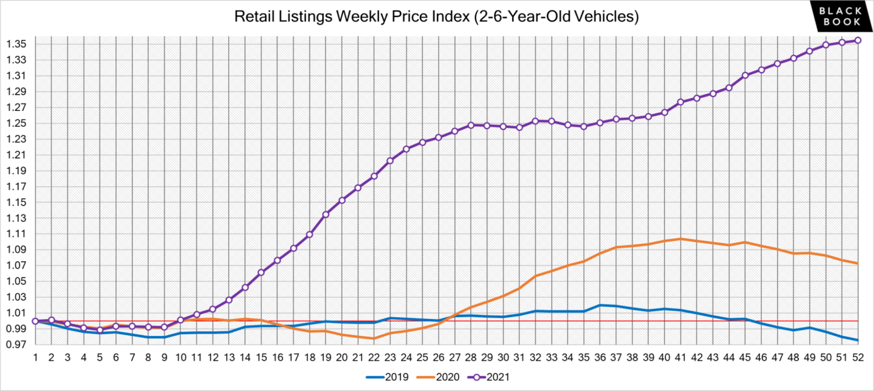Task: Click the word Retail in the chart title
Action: (x=251, y=17)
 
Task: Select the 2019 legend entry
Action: (x=387, y=376)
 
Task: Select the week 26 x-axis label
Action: (x=438, y=358)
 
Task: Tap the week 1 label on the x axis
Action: (x=35, y=358)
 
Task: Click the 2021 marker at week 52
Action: (x=858, y=40)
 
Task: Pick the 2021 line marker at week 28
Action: (x=471, y=125)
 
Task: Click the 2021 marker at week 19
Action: (x=325, y=215)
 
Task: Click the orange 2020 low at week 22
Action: (x=374, y=339)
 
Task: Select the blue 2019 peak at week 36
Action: (x=600, y=305)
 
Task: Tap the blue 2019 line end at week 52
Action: (x=858, y=340)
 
